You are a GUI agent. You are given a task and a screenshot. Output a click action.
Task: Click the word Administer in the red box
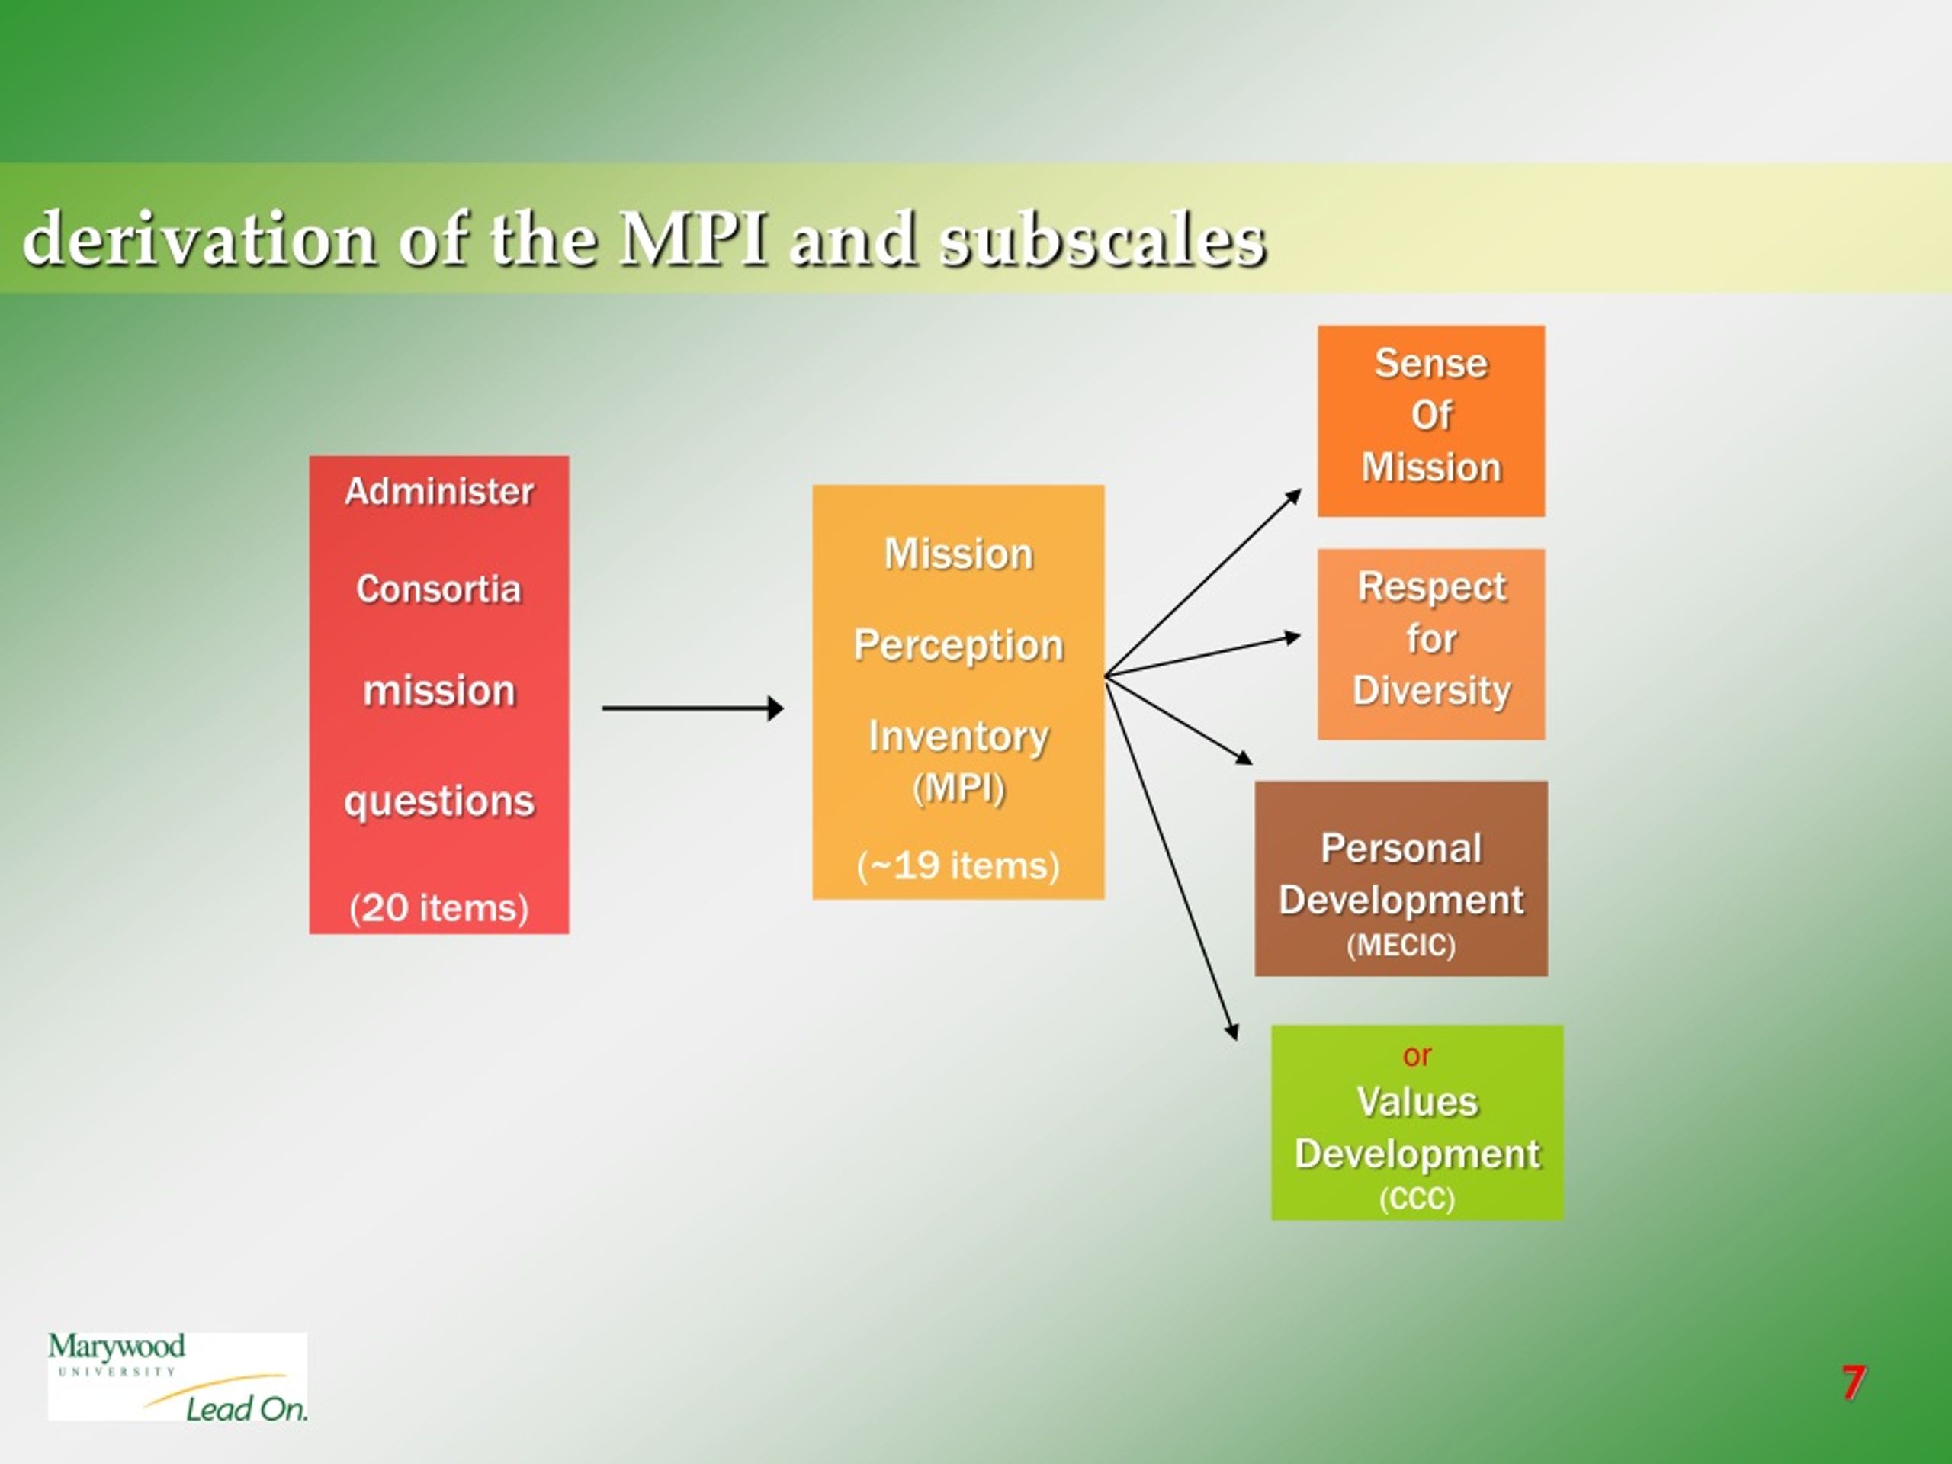pos(438,492)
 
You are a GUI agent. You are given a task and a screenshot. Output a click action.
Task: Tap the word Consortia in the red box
pos(438,589)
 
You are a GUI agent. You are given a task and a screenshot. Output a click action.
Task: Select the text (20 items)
pos(438,908)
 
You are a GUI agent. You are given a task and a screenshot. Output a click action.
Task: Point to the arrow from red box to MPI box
pos(692,708)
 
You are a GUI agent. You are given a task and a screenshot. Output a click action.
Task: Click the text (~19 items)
pos(958,865)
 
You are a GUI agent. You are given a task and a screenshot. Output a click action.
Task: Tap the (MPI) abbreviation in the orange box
pos(958,788)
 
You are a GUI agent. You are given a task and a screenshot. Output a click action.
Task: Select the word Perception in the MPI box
pos(958,646)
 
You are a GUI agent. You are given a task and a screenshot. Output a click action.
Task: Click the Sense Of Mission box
pos(1430,421)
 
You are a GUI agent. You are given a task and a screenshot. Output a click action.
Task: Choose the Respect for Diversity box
pos(1430,644)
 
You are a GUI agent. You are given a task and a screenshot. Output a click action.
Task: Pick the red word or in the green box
pos(1417,1055)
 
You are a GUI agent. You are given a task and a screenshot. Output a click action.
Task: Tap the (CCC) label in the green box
pos(1417,1199)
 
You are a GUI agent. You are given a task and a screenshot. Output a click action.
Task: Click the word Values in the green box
pos(1417,1102)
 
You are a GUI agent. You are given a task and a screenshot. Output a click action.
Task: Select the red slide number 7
pos(1853,1383)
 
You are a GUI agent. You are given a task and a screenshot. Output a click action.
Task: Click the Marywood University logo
pos(178,1376)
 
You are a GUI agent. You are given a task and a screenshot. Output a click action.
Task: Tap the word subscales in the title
pos(1103,240)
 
